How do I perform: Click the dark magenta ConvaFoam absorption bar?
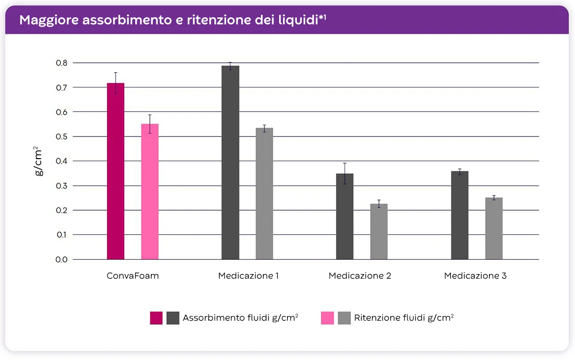click(115, 172)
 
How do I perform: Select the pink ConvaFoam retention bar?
click(150, 192)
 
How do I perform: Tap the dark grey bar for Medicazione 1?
click(230, 162)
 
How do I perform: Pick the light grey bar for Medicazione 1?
click(264, 194)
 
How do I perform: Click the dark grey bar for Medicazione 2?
click(345, 216)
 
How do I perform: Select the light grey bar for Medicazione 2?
click(379, 231)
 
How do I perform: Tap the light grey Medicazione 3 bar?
click(494, 228)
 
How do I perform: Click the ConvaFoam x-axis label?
click(133, 276)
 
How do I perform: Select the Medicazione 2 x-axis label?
click(360, 276)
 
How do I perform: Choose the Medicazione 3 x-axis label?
click(475, 276)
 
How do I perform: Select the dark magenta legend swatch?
click(156, 318)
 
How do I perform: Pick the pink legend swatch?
click(327, 318)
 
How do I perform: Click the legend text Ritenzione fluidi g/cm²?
click(403, 318)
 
